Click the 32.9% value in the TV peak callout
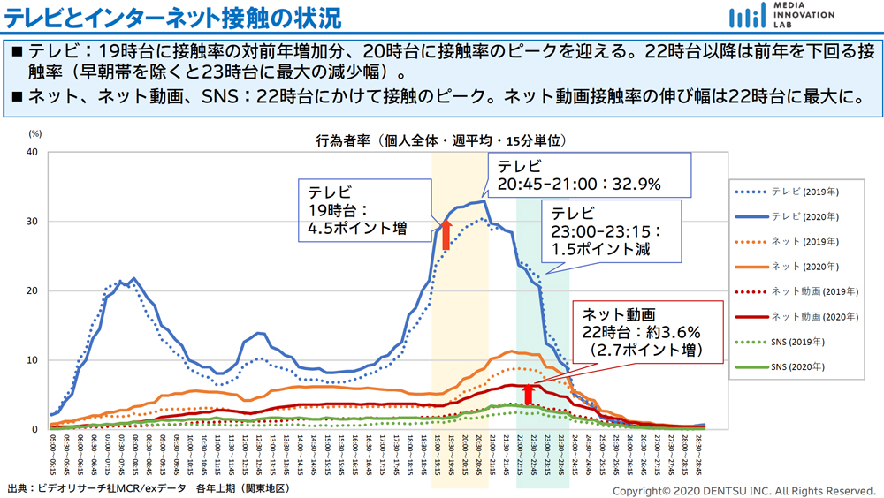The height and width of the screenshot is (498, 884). pos(634,185)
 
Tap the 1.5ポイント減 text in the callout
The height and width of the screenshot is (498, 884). pos(601,249)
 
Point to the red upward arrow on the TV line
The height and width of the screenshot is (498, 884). pos(446,234)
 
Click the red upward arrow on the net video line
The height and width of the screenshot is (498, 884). pos(529,394)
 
